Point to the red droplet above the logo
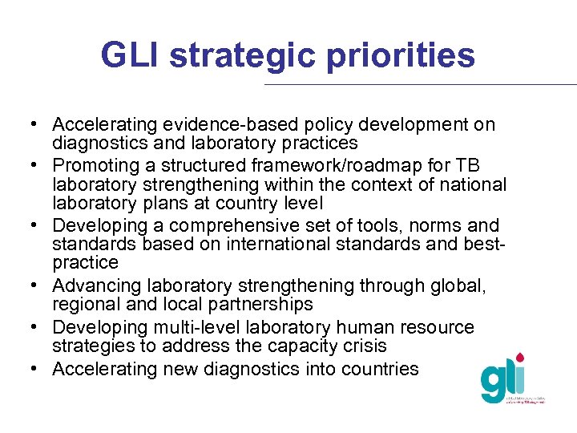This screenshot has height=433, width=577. (521, 356)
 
